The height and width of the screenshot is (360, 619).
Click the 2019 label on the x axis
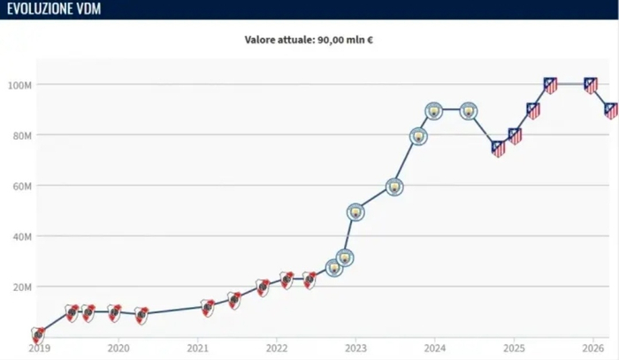(x=38, y=349)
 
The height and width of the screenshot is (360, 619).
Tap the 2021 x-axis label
(x=198, y=349)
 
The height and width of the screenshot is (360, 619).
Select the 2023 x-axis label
(x=355, y=349)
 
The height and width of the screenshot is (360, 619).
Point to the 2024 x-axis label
(x=434, y=349)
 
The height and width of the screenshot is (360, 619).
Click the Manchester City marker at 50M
(x=355, y=211)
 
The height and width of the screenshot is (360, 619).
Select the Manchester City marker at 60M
(x=394, y=187)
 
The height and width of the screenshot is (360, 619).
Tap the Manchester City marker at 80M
(x=418, y=136)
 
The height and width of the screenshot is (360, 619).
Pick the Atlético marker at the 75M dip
(x=498, y=149)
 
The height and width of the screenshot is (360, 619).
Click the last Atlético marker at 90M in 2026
(x=610, y=111)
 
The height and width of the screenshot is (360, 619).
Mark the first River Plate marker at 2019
(x=38, y=334)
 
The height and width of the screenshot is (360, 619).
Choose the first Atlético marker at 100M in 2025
(x=550, y=85)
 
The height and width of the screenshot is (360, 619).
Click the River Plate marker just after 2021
(x=208, y=307)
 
